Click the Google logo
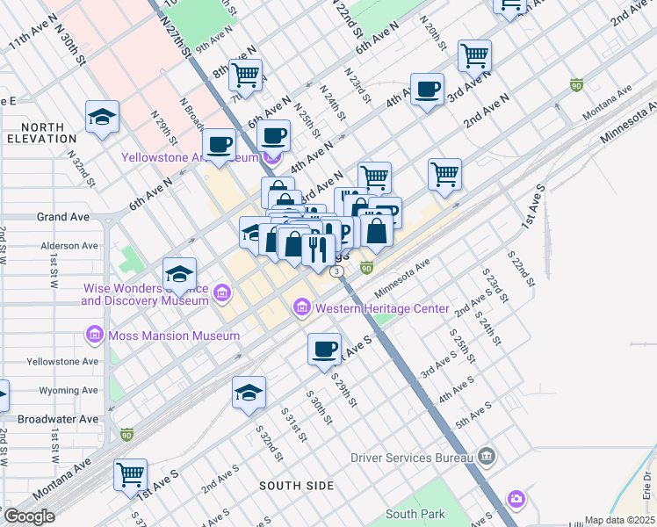click(x=28, y=516)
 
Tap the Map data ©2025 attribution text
click(x=620, y=520)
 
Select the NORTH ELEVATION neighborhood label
click(x=40, y=132)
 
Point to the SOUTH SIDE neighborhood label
click(x=296, y=485)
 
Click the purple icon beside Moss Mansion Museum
click(x=94, y=335)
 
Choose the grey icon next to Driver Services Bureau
click(x=487, y=457)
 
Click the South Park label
click(x=415, y=514)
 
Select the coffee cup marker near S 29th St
click(x=324, y=349)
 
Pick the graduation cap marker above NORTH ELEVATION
click(x=102, y=117)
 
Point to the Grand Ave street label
click(x=62, y=216)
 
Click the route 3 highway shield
click(x=337, y=272)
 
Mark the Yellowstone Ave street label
click(x=64, y=361)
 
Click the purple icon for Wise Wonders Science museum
click(x=221, y=292)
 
